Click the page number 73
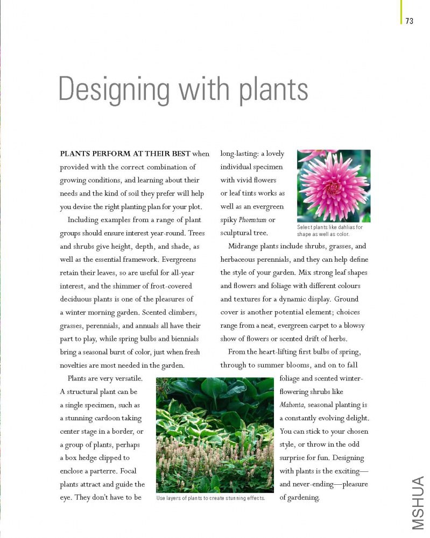coord(410,21)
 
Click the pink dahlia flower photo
coord(334,185)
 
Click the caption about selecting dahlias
coord(330,231)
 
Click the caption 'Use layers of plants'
coord(210,498)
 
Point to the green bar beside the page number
coord(400,12)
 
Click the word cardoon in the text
coord(114,418)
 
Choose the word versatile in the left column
coord(126,378)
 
